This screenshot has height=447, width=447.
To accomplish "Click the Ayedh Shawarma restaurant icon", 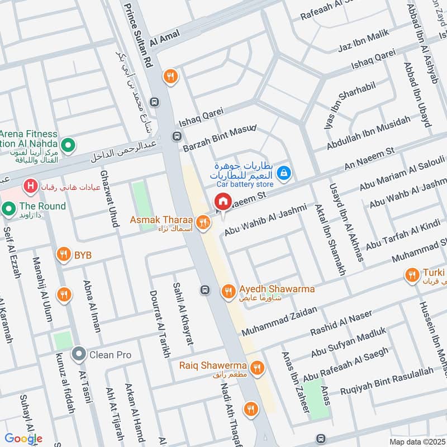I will tap(227, 291).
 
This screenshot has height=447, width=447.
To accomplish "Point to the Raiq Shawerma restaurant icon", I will tap(257, 367).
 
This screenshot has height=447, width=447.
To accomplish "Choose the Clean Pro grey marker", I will tap(79, 354).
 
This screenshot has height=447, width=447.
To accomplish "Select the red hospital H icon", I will tap(30, 184).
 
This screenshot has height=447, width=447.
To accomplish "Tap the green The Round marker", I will tap(8, 210).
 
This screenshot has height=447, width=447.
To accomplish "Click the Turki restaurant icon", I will tap(412, 274).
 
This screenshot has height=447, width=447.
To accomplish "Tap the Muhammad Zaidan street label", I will tap(279, 321).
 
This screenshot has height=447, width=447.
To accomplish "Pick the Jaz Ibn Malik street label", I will tap(364, 44).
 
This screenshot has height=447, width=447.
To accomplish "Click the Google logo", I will tap(23, 439).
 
